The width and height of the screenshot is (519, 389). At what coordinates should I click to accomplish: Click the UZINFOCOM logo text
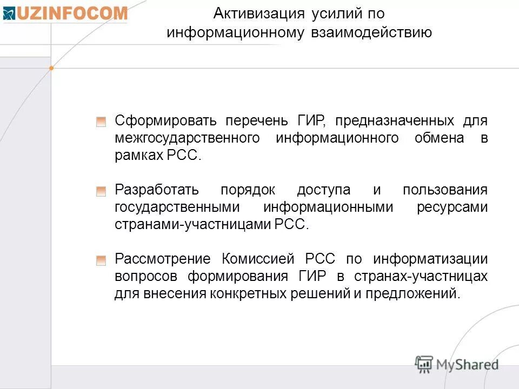(71, 14)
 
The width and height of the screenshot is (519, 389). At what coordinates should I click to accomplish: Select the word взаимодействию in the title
(371, 32)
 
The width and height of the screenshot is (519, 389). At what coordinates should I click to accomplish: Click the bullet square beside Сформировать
(101, 122)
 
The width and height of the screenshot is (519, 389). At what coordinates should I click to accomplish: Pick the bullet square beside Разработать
(101, 191)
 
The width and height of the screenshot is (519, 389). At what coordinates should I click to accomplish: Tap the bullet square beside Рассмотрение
(101, 260)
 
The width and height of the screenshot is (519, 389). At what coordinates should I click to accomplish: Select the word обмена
(439, 138)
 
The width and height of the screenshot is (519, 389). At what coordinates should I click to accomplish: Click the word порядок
(248, 190)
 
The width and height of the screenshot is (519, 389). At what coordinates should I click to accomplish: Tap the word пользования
(445, 190)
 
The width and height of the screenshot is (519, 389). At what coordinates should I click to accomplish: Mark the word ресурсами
(452, 207)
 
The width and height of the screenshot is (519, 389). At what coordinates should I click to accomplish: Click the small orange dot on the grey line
(51, 68)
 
